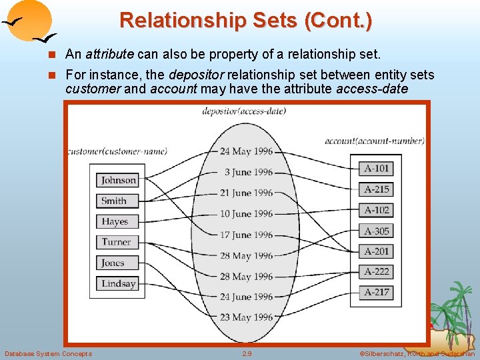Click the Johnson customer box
coord(118,180)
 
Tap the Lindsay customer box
coord(118,283)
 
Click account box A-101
coord(376,169)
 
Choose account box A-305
coord(376,231)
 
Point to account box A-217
coord(376,292)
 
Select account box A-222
coord(376,271)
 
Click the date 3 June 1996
coord(248,172)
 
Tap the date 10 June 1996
coord(246,214)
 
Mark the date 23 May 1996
coord(246,317)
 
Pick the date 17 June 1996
coord(246,235)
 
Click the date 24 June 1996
coord(246,297)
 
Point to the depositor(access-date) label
coord(244,111)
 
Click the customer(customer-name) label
coord(117,151)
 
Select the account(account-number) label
coord(375,141)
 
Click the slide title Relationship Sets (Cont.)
coord(245,20)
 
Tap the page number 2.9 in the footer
coord(247,353)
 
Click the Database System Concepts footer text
coord(48,353)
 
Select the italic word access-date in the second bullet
coord(373,89)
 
